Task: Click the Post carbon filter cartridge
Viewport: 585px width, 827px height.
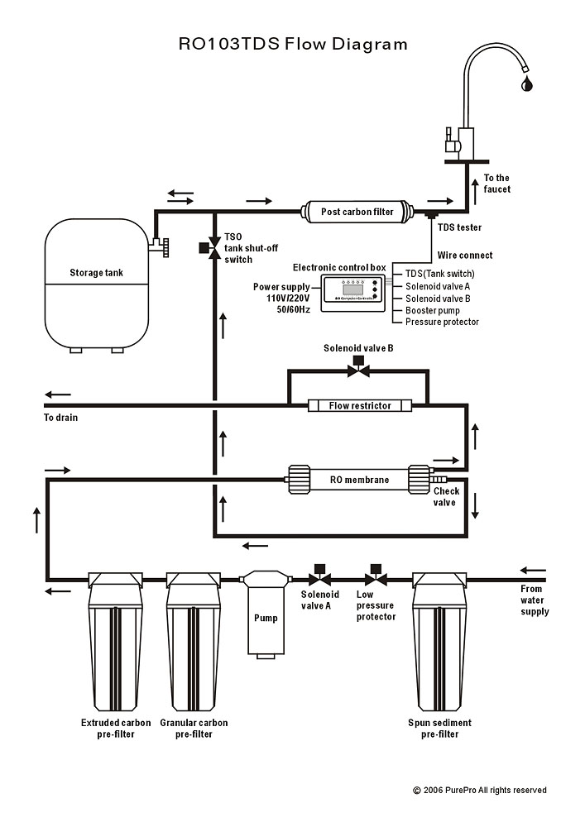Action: tap(357, 213)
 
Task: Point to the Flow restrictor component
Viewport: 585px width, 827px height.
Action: tap(360, 405)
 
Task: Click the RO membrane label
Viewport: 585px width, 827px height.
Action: tap(360, 480)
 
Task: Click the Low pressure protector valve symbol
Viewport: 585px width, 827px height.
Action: tap(375, 576)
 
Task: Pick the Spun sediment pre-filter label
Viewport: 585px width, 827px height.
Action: tap(440, 729)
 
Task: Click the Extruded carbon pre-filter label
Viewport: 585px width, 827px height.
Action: tap(115, 729)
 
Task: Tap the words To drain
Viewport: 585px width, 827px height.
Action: tap(61, 418)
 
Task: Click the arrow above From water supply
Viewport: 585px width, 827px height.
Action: tap(533, 571)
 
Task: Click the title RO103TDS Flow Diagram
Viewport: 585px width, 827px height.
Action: tap(293, 44)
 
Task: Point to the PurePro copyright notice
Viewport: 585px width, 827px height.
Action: tap(480, 791)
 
